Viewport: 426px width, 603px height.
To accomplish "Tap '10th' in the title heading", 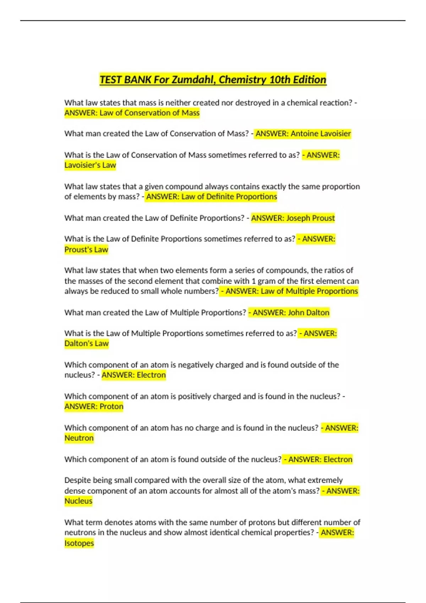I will [x=280, y=80].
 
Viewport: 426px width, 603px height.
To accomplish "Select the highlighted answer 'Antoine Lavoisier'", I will [x=321, y=134].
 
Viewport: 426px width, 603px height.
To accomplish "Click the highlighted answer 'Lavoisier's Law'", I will [x=90, y=165].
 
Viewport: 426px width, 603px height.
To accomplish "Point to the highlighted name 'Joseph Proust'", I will [x=310, y=218].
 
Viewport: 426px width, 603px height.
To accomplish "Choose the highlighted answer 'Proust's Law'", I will [x=86, y=250].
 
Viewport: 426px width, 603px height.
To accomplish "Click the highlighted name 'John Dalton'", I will [x=308, y=313].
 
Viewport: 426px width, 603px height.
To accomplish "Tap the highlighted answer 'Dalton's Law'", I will [x=87, y=344].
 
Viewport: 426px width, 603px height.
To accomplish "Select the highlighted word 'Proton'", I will [x=111, y=406].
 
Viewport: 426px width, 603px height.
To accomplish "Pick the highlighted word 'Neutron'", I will [x=79, y=438].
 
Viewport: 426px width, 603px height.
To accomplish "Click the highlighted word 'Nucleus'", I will [x=78, y=501].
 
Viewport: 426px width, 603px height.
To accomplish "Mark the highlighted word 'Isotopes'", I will [x=79, y=543].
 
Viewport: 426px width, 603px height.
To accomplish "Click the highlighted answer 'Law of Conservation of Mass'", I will [x=149, y=113].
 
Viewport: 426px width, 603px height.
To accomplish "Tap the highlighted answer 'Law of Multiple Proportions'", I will [x=309, y=291].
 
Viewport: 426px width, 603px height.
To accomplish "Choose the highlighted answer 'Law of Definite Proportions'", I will [x=229, y=197].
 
